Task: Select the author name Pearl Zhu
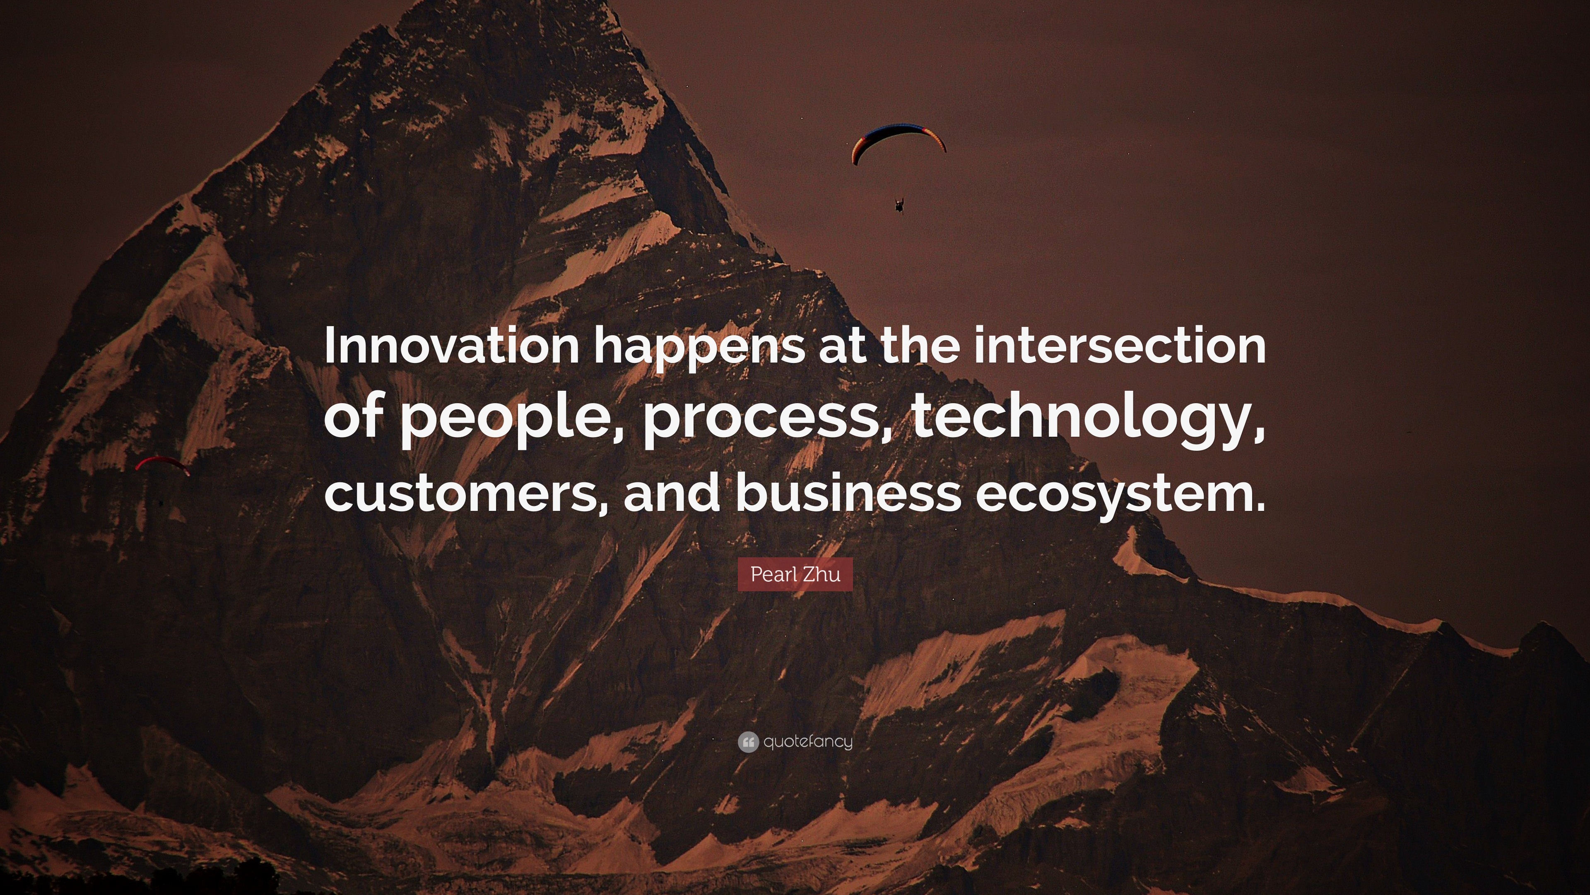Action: pos(795,574)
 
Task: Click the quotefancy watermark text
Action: pos(808,742)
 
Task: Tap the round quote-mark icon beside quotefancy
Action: pos(748,742)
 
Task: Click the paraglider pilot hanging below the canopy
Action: pos(899,204)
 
